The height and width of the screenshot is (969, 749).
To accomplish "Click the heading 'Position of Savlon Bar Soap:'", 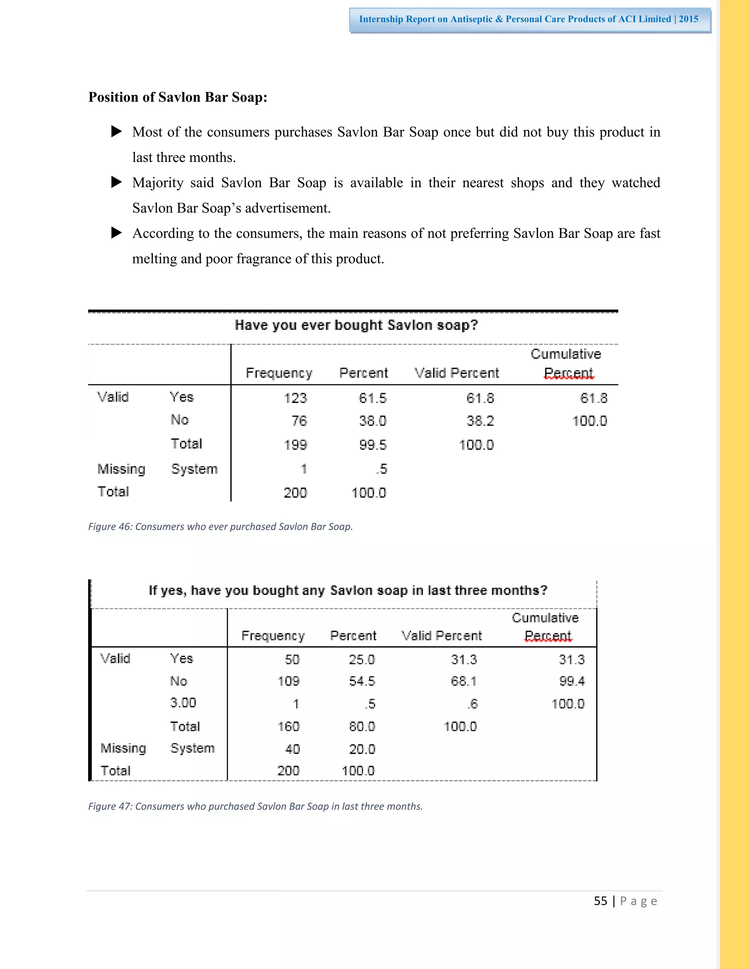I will point(177,97).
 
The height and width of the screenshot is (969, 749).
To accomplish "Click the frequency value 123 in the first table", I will point(295,398).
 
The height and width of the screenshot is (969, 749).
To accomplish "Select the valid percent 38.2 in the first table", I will point(480,421).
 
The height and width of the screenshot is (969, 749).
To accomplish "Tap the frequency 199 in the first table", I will point(295,445).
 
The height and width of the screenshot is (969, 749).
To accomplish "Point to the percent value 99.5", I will point(373,445).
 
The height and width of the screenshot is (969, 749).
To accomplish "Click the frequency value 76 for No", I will point(299,421).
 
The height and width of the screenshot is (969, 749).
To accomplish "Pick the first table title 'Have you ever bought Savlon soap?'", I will point(356,325).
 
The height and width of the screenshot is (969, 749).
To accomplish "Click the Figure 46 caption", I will point(220,527).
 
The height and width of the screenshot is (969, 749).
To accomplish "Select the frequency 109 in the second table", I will point(289,681).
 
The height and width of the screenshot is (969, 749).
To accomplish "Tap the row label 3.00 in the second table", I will point(183,702).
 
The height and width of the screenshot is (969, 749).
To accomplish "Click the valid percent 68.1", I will point(464,681).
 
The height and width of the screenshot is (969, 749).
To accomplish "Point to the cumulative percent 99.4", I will point(572,681).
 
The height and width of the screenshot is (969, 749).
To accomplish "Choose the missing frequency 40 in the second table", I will point(293,749).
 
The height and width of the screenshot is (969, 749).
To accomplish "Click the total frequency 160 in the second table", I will point(289,726).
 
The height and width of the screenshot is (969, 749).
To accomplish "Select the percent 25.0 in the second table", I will point(362,659).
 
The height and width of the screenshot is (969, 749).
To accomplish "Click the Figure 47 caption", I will point(255,806).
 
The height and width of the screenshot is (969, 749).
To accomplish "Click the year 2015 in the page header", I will point(688,19).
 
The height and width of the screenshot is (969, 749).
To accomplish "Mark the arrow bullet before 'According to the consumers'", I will point(116,233).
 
